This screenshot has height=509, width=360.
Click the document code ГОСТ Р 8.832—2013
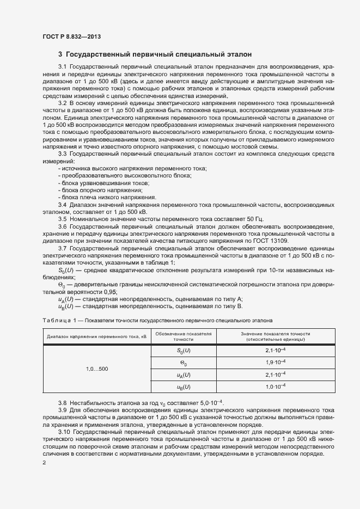(71, 36)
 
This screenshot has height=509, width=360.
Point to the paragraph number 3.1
(63, 66)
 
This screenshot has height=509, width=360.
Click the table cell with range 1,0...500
(97, 369)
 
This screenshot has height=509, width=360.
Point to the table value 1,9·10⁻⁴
(275, 363)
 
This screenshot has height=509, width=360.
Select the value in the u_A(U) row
(275, 375)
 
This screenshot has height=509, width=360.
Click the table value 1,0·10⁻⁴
(275, 387)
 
